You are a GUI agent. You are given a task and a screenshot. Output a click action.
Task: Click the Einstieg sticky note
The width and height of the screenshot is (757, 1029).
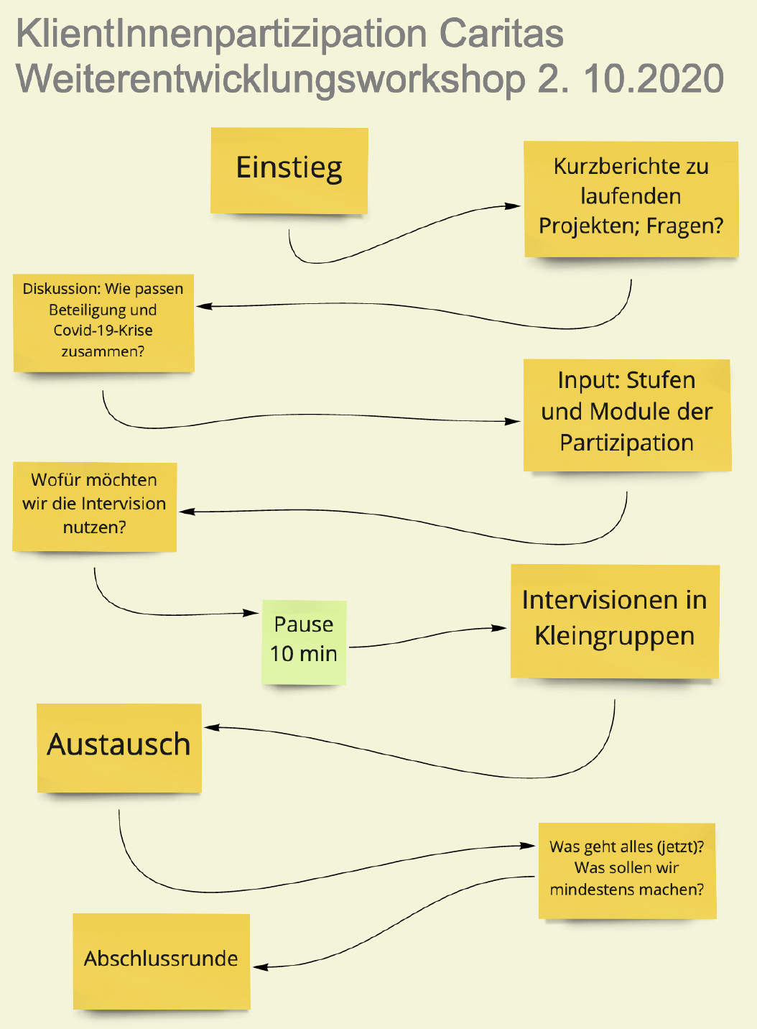pyautogui.click(x=289, y=170)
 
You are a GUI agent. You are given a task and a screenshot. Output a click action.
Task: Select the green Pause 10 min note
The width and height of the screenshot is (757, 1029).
pyautogui.click(x=304, y=642)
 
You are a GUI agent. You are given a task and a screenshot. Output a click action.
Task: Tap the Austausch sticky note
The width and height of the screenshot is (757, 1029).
pyautogui.click(x=119, y=748)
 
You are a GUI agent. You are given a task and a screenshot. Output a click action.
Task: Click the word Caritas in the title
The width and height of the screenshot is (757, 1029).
pyautogui.click(x=501, y=34)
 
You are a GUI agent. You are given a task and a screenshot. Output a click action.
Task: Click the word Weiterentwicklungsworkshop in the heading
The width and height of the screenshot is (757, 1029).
pyautogui.click(x=270, y=80)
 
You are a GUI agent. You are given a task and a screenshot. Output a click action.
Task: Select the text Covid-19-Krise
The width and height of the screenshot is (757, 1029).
pyautogui.click(x=103, y=331)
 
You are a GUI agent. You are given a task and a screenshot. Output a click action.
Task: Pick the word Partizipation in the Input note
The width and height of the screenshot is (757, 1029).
pyautogui.click(x=626, y=443)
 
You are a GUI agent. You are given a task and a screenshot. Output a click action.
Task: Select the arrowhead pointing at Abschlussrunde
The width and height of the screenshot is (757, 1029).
pyautogui.click(x=261, y=967)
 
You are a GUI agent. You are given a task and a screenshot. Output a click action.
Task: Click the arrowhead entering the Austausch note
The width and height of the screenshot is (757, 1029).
pyautogui.click(x=212, y=727)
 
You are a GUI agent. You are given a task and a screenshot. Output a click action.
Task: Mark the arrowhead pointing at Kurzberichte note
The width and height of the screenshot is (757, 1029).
pyautogui.click(x=512, y=206)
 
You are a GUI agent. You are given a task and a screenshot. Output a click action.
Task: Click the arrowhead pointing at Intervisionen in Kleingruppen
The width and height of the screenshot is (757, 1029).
pyautogui.click(x=498, y=628)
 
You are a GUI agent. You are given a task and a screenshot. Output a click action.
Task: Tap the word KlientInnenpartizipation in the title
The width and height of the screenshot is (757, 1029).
pyautogui.click(x=221, y=35)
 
